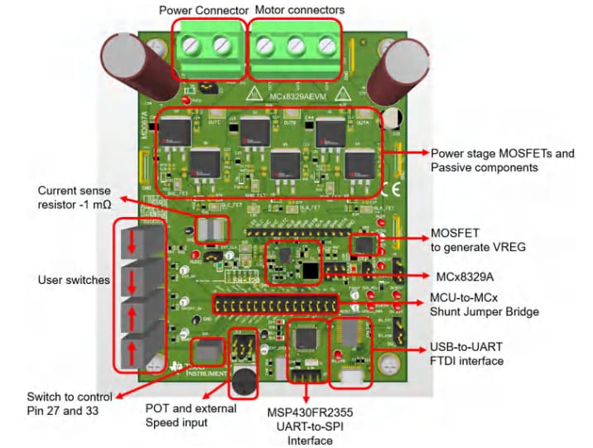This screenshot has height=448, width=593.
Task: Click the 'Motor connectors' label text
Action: pos(300,9)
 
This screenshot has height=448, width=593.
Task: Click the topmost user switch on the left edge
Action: pos(133,240)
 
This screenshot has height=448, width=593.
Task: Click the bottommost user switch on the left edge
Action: pos(133,349)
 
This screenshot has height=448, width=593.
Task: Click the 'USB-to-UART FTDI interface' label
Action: pos(466,354)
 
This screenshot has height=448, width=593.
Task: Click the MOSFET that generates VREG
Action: pos(364,244)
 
